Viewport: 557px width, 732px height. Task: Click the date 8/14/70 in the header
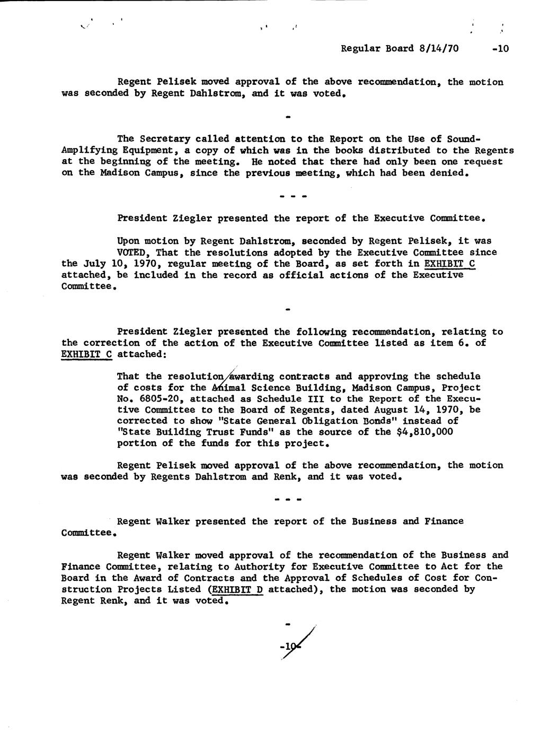[438, 48]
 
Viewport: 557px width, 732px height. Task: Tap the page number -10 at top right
[500, 48]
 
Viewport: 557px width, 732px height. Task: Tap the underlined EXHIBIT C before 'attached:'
[87, 354]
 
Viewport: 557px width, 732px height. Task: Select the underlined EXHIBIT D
[237, 589]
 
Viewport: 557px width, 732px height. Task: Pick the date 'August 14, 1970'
[422, 409]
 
